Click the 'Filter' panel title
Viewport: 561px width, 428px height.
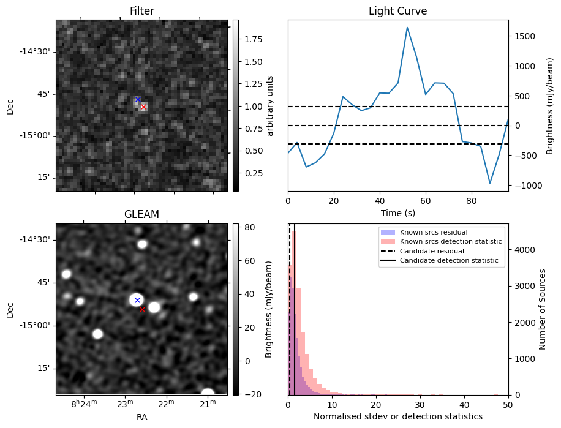(141, 11)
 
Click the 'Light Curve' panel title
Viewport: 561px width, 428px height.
(397, 11)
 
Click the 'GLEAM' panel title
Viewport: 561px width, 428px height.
(141, 214)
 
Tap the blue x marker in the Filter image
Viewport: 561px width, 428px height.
(138, 99)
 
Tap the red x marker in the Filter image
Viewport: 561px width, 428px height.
(143, 107)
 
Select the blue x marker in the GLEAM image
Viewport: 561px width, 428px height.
(137, 300)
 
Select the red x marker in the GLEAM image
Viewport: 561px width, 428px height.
(142, 310)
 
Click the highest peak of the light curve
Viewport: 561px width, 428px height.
(407, 27)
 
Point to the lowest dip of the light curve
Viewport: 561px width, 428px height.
(490, 183)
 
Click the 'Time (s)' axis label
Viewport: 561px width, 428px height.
(397, 212)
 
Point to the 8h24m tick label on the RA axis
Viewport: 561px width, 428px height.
(84, 404)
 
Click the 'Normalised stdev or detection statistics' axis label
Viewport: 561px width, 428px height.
(397, 416)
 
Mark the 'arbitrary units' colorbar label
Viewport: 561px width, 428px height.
(270, 105)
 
